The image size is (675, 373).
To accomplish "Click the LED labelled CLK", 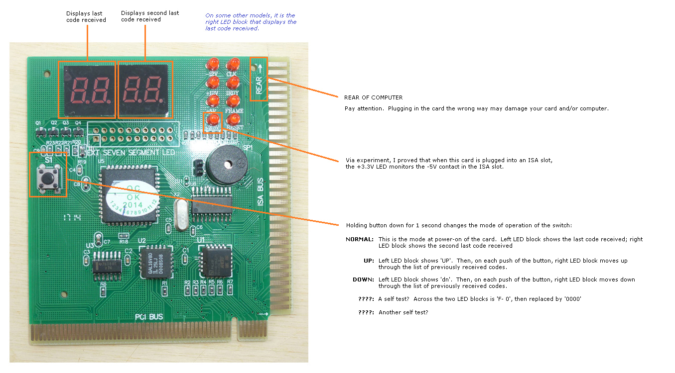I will pos(233,64).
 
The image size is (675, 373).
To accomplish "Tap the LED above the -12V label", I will pos(213,64).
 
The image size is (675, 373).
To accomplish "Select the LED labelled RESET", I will pos(233,120).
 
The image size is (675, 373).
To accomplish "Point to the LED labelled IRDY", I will pos(233,83).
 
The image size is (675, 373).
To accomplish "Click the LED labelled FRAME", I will pos(233,101).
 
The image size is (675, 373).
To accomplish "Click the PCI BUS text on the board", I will pos(149,317).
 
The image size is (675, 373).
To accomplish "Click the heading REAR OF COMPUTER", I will pos(373,97).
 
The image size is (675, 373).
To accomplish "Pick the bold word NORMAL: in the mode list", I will pos(359,239).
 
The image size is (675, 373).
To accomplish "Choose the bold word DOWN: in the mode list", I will pos(363,280).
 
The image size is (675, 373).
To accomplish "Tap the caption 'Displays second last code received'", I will pos(149,16).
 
